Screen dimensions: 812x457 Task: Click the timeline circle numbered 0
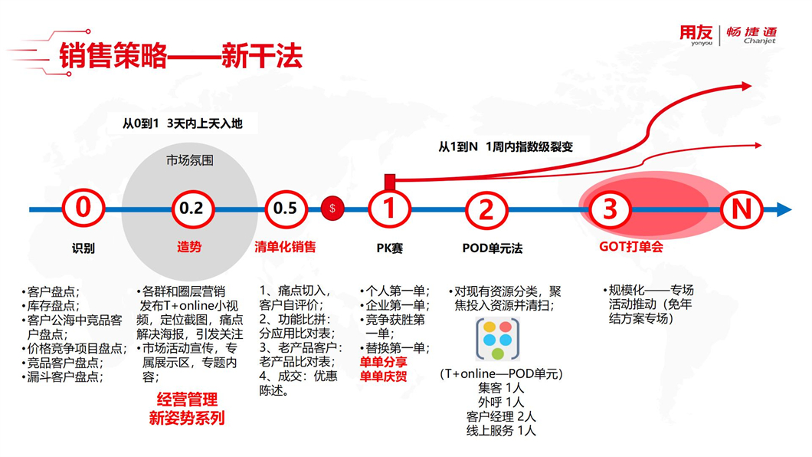(x=83, y=209)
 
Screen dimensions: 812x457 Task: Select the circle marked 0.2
(x=192, y=209)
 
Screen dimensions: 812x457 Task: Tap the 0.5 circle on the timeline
(x=286, y=209)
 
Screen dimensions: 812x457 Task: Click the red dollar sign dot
(x=332, y=209)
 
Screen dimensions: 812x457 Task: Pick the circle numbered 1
(x=389, y=209)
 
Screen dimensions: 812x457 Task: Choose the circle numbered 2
(x=486, y=209)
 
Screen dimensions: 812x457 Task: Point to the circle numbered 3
(x=611, y=209)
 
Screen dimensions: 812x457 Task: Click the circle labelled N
(x=742, y=209)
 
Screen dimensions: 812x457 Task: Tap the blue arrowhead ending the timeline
(x=784, y=210)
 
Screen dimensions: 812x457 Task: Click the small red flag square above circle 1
(x=390, y=181)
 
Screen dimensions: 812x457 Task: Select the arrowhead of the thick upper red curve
(x=746, y=86)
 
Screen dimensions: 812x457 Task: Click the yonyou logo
(x=696, y=35)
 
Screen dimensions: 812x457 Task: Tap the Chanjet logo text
(x=751, y=35)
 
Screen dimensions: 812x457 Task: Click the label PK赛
(x=389, y=248)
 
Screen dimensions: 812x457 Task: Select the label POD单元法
(x=493, y=248)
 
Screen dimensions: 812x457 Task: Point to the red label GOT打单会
(x=631, y=247)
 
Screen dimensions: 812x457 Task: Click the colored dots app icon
(x=498, y=340)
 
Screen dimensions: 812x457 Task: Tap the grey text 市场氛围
(x=189, y=160)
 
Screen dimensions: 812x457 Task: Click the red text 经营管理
(x=187, y=399)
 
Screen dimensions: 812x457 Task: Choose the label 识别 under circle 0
(x=83, y=248)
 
